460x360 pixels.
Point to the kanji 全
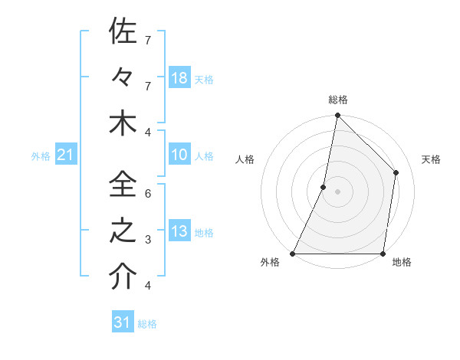pos(123,185)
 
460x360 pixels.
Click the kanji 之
pos(123,231)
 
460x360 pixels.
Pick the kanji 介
pos(123,277)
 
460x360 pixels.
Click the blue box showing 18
pos(179,77)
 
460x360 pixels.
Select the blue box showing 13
pos(179,231)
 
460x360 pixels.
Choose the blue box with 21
pos(66,155)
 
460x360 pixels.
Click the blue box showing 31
pos(123,322)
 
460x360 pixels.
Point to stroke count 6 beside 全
pos(148,193)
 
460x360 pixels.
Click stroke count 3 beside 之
pos(148,240)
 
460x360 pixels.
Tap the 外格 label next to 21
pos(41,156)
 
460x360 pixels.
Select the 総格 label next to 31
pos(147,323)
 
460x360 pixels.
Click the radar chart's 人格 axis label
pos(245,159)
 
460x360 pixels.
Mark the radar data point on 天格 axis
pos(396,172)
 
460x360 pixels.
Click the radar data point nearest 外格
pos(293,254)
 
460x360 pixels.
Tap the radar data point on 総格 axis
pos(337,116)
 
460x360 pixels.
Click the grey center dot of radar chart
pos(337,191)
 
